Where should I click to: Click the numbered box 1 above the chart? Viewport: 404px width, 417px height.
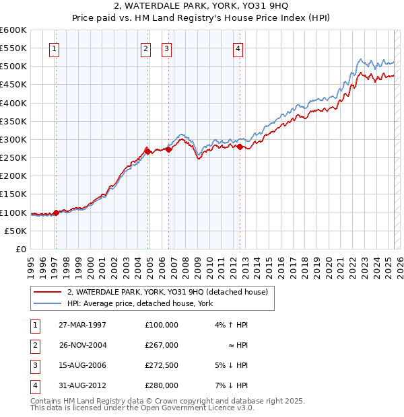pos(53,48)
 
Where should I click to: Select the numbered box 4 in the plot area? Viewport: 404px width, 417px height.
pos(238,48)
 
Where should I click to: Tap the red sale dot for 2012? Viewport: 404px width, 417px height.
pos(240,146)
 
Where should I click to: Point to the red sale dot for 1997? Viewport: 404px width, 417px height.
pos(56,212)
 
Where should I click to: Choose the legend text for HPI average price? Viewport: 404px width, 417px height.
pos(139,304)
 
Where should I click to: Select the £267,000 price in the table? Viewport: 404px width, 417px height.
pos(162,345)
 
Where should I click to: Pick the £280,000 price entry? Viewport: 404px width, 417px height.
pos(162,385)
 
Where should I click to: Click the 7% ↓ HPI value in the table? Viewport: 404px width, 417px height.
pos(230,385)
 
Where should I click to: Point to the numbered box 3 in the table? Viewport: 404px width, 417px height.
pos(34,365)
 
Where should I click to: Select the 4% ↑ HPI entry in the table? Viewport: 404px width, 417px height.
pos(230,325)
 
